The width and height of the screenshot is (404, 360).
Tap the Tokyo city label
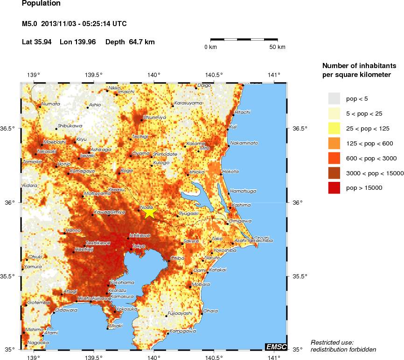tap(139, 246)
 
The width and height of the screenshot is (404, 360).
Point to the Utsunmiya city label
tap(154, 118)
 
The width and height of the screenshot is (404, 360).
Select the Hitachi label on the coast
tap(243, 112)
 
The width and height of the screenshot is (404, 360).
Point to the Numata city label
tap(51, 104)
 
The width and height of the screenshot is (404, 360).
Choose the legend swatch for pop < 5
tap(334, 98)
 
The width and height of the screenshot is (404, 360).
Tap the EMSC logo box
tap(276, 346)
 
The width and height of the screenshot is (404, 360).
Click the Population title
tap(41, 4)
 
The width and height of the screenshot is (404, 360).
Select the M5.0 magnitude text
tap(30, 24)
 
